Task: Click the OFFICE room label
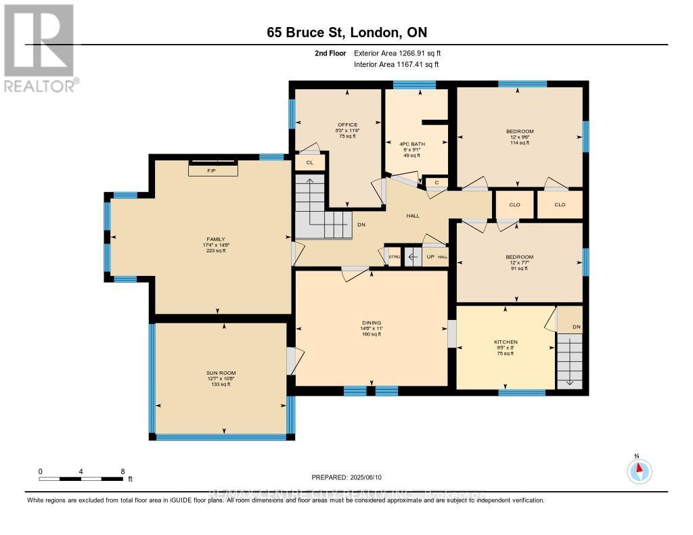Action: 348,125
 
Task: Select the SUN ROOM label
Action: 221,373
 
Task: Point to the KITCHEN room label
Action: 506,342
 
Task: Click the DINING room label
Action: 371,323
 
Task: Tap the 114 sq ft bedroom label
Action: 520,131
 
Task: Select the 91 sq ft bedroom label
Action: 520,257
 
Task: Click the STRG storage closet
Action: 394,257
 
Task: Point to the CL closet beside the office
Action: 309,162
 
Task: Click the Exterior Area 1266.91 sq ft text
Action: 397,53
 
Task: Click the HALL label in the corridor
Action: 413,216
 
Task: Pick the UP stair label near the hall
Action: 429,257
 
